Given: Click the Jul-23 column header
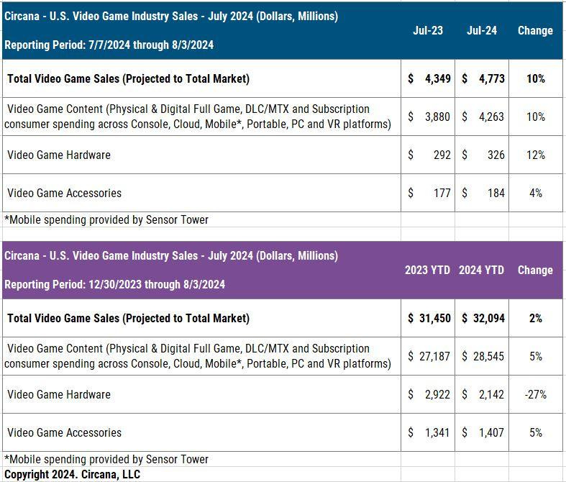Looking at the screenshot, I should tap(428, 31).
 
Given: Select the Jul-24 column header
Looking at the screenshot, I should tap(481, 31).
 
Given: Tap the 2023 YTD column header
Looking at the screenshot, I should tap(427, 270).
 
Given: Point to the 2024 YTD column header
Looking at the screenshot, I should tap(481, 270).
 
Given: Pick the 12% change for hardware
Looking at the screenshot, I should tap(535, 155).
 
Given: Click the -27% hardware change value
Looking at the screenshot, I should tap(535, 394).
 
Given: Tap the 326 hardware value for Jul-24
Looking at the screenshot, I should tap(496, 155).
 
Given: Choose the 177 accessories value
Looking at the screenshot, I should tap(442, 193).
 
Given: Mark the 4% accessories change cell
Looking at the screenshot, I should tap(535, 193).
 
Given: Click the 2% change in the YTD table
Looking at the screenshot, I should tap(535, 318).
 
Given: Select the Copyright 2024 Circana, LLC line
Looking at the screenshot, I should tap(72, 474).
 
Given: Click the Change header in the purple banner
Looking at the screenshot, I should tap(535, 270).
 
